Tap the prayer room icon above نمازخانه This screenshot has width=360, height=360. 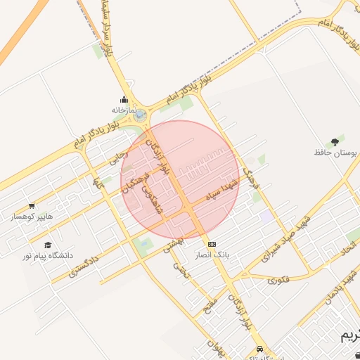coord(124,100)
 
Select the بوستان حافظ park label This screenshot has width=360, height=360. coord(335,152)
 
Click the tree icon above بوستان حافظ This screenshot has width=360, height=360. coord(334,141)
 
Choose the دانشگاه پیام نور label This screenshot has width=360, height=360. coord(48,256)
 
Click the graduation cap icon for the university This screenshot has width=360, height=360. coord(48,245)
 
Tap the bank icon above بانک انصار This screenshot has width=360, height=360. coord(212,243)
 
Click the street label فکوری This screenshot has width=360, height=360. coord(278,280)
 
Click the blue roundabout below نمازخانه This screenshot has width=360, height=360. coord(141,115)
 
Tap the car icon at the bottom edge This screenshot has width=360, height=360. coord(259,349)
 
